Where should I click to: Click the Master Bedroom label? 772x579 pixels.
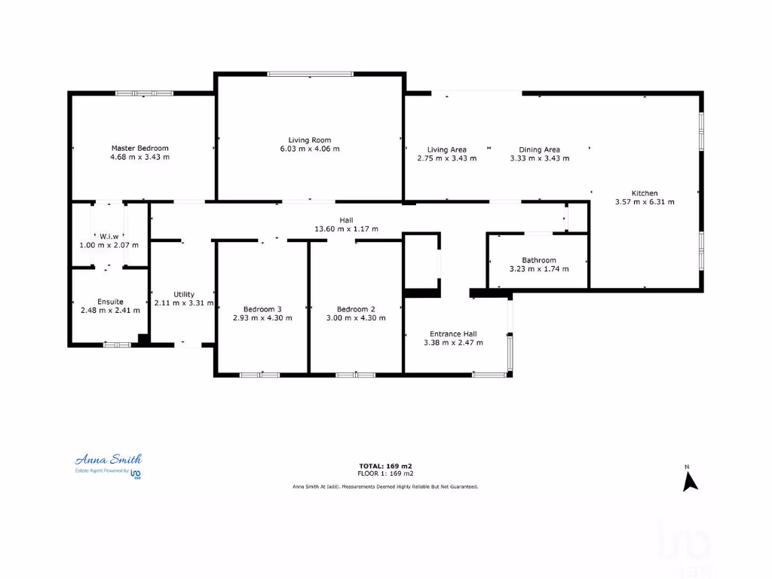[x=140, y=149]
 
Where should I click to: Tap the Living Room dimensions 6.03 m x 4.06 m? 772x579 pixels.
[x=310, y=149]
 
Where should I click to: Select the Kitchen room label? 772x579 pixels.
[x=645, y=193]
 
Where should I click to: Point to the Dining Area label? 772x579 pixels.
[x=539, y=149]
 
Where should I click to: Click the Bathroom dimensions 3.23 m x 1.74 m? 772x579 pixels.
[x=539, y=269]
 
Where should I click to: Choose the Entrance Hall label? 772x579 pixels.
[x=453, y=333]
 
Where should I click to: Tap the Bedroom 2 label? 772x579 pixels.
[x=356, y=309]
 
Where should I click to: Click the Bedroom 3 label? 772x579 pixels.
[x=262, y=309]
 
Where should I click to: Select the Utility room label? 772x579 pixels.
[x=184, y=294]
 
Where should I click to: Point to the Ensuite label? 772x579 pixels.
[x=110, y=302]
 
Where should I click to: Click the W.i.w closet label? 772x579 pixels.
[x=110, y=236]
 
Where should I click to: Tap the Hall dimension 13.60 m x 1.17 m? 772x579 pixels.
[x=346, y=228]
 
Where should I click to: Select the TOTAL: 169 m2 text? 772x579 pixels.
[x=385, y=466]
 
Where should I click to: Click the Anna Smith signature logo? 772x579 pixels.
[x=108, y=459]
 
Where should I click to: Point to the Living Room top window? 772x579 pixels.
[x=310, y=74]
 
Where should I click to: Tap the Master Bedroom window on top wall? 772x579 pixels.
[x=144, y=93]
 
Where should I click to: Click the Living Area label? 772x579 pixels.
[x=447, y=149]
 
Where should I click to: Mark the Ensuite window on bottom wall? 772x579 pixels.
[x=117, y=345]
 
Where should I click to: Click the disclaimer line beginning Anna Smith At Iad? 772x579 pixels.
[x=385, y=487]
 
